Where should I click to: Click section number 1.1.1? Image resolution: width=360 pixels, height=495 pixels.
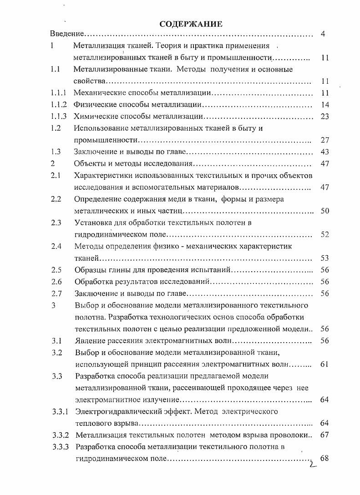click(x=59, y=93)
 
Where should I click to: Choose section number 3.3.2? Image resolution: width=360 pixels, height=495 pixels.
click(x=61, y=435)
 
